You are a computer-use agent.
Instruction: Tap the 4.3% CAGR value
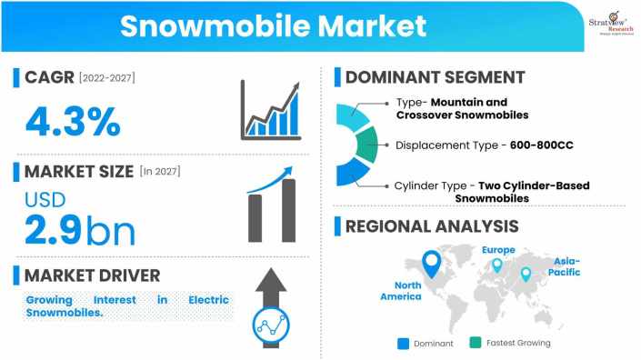[x=73, y=120]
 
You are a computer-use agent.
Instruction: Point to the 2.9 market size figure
[x=50, y=230]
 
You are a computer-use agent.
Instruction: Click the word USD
[x=45, y=199]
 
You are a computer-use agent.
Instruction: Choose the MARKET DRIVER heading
[x=92, y=275]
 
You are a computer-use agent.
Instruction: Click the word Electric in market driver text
[x=211, y=299]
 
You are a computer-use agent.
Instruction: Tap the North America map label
[x=401, y=290]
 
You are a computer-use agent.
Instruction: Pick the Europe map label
[x=498, y=250]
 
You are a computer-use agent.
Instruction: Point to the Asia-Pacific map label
[x=566, y=266]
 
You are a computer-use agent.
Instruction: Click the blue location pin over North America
[x=432, y=263]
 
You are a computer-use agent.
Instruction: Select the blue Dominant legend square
[x=404, y=343]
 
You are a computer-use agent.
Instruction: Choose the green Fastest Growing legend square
[x=476, y=343]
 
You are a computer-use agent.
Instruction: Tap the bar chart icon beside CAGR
[x=270, y=110]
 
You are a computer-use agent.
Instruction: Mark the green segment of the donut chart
[x=366, y=145]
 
